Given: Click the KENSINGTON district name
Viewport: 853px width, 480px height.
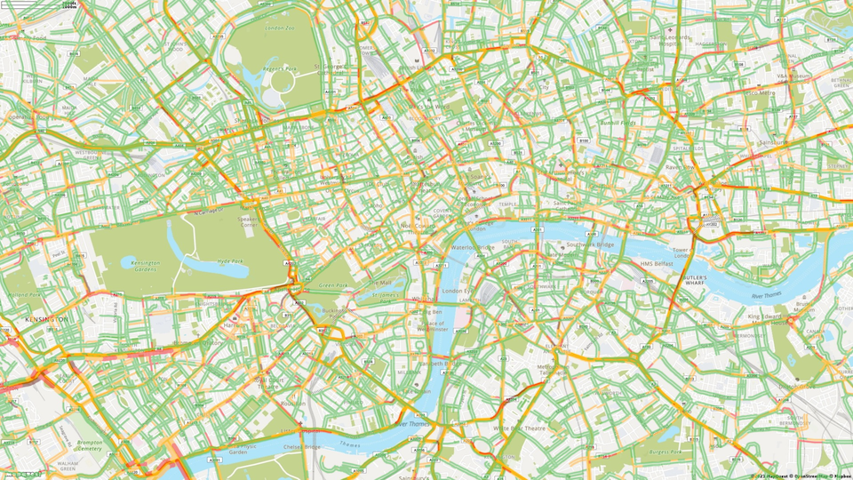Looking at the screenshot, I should point(46,319).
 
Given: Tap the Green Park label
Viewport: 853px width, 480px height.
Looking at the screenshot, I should point(333,285).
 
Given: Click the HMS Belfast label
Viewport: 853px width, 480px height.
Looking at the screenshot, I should point(658,264).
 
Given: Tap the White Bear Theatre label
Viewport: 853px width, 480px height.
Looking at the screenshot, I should point(521,428).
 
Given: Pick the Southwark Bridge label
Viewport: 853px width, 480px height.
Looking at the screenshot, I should point(590,244).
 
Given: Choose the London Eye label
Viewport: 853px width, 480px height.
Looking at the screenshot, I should point(455,291).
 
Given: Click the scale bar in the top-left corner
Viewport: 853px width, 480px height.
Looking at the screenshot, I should point(68,5).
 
